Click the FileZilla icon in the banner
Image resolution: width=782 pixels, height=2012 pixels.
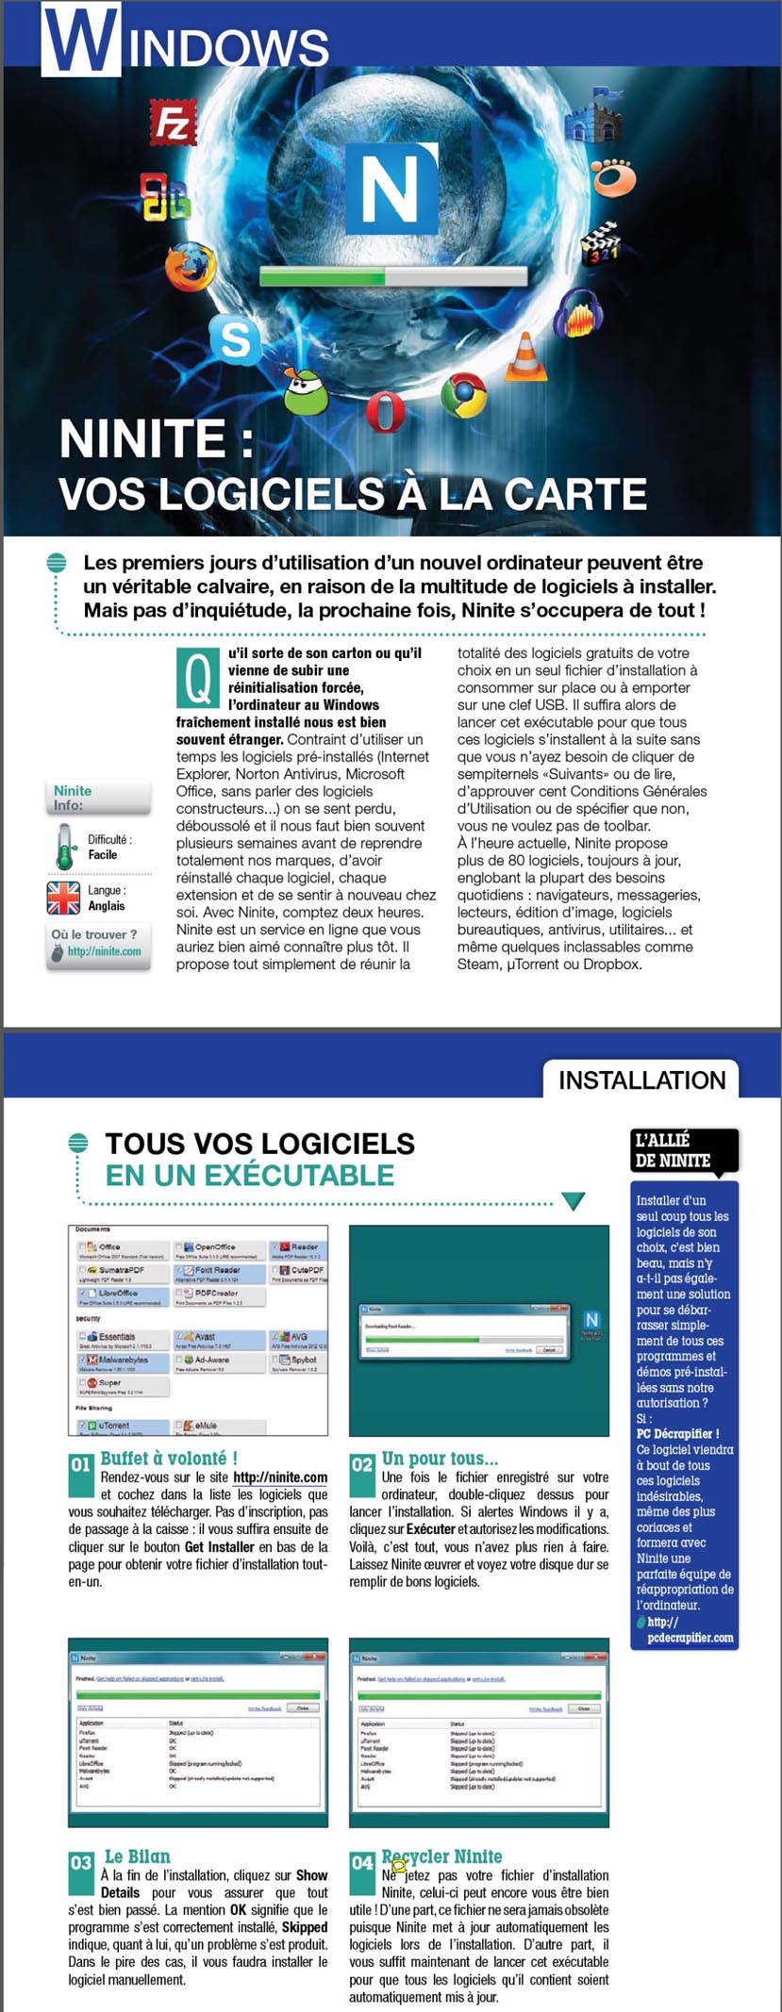[x=173, y=124]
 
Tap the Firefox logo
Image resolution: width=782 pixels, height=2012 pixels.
[x=190, y=267]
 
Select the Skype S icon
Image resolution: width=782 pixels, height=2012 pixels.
[x=235, y=338]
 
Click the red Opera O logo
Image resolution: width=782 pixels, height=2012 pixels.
[x=385, y=412]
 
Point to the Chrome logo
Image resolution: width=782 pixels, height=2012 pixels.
[x=462, y=395]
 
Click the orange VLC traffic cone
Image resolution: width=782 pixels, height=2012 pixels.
[x=525, y=358]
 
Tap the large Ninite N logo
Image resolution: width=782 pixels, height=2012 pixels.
[x=391, y=189]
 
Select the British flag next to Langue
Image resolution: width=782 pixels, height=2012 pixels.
[x=63, y=898]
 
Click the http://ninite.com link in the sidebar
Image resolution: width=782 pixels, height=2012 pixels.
[x=104, y=951]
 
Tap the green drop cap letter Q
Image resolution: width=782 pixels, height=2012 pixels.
[x=197, y=678]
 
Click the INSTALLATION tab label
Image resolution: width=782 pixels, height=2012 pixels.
[x=641, y=1080]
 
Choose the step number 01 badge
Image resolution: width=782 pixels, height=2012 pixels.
[x=80, y=1465]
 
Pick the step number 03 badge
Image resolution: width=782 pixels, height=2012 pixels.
[x=81, y=1863]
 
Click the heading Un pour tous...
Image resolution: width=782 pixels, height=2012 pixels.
[x=440, y=1459]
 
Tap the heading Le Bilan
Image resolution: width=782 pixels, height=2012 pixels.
[x=137, y=1856]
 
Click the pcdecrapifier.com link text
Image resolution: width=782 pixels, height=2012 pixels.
[x=690, y=1638]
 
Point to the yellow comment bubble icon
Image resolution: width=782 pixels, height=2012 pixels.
[x=399, y=1866]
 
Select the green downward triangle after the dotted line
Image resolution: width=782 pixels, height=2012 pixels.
[x=573, y=1201]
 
